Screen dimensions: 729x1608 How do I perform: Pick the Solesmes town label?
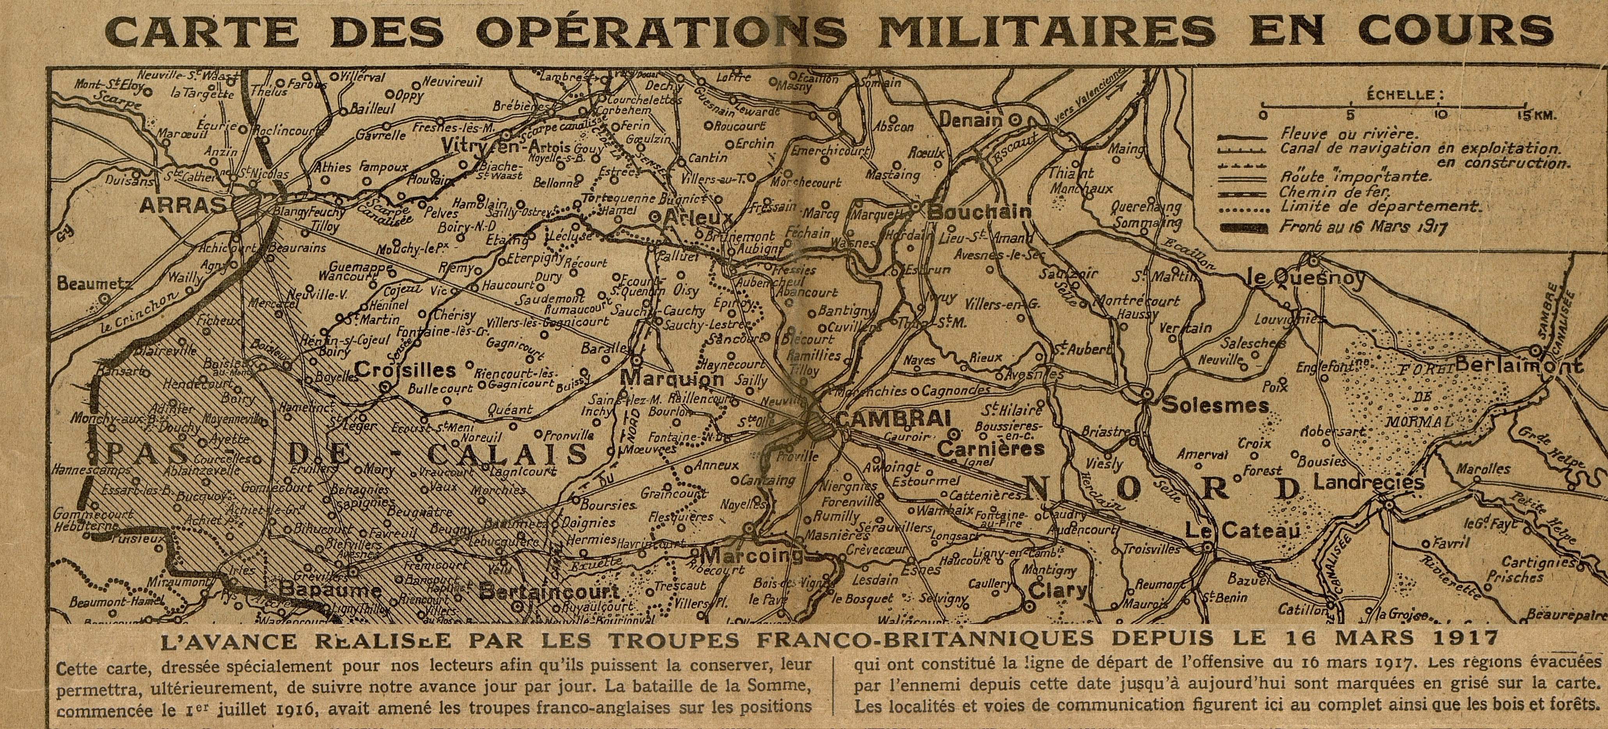click(1215, 406)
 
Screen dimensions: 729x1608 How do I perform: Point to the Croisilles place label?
click(405, 370)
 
